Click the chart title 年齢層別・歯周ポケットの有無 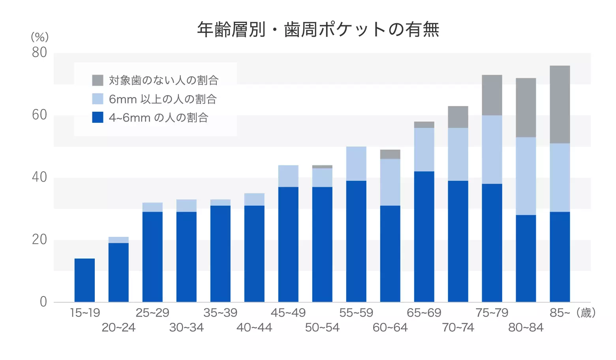[318, 30]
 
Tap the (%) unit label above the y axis [39, 37]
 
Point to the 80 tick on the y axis [39, 52]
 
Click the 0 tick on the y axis [43, 302]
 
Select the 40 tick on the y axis [39, 177]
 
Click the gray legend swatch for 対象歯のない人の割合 [98, 80]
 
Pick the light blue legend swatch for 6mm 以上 [98, 99]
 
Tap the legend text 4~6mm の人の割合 [158, 118]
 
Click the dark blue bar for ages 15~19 [85, 280]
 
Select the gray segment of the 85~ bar [560, 104]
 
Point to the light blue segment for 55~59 [356, 163]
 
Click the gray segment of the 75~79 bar [492, 95]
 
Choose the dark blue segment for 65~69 [424, 236]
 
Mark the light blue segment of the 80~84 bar [526, 176]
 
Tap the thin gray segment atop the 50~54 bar [322, 167]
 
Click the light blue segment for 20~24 [118, 240]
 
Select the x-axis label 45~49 [288, 313]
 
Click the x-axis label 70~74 [458, 328]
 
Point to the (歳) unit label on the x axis [586, 313]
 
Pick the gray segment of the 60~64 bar [390, 154]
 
